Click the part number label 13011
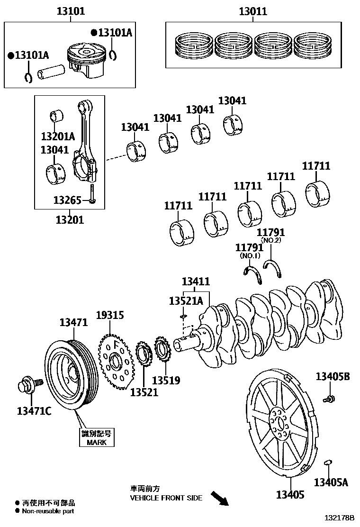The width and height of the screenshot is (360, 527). (252, 11)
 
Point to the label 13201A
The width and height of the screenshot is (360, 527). (58, 136)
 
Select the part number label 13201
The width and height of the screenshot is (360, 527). (69, 219)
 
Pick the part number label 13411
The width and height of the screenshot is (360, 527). (195, 281)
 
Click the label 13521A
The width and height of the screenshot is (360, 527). (186, 300)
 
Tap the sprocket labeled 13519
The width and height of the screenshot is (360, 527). (163, 353)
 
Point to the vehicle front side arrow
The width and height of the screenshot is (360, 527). (219, 498)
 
